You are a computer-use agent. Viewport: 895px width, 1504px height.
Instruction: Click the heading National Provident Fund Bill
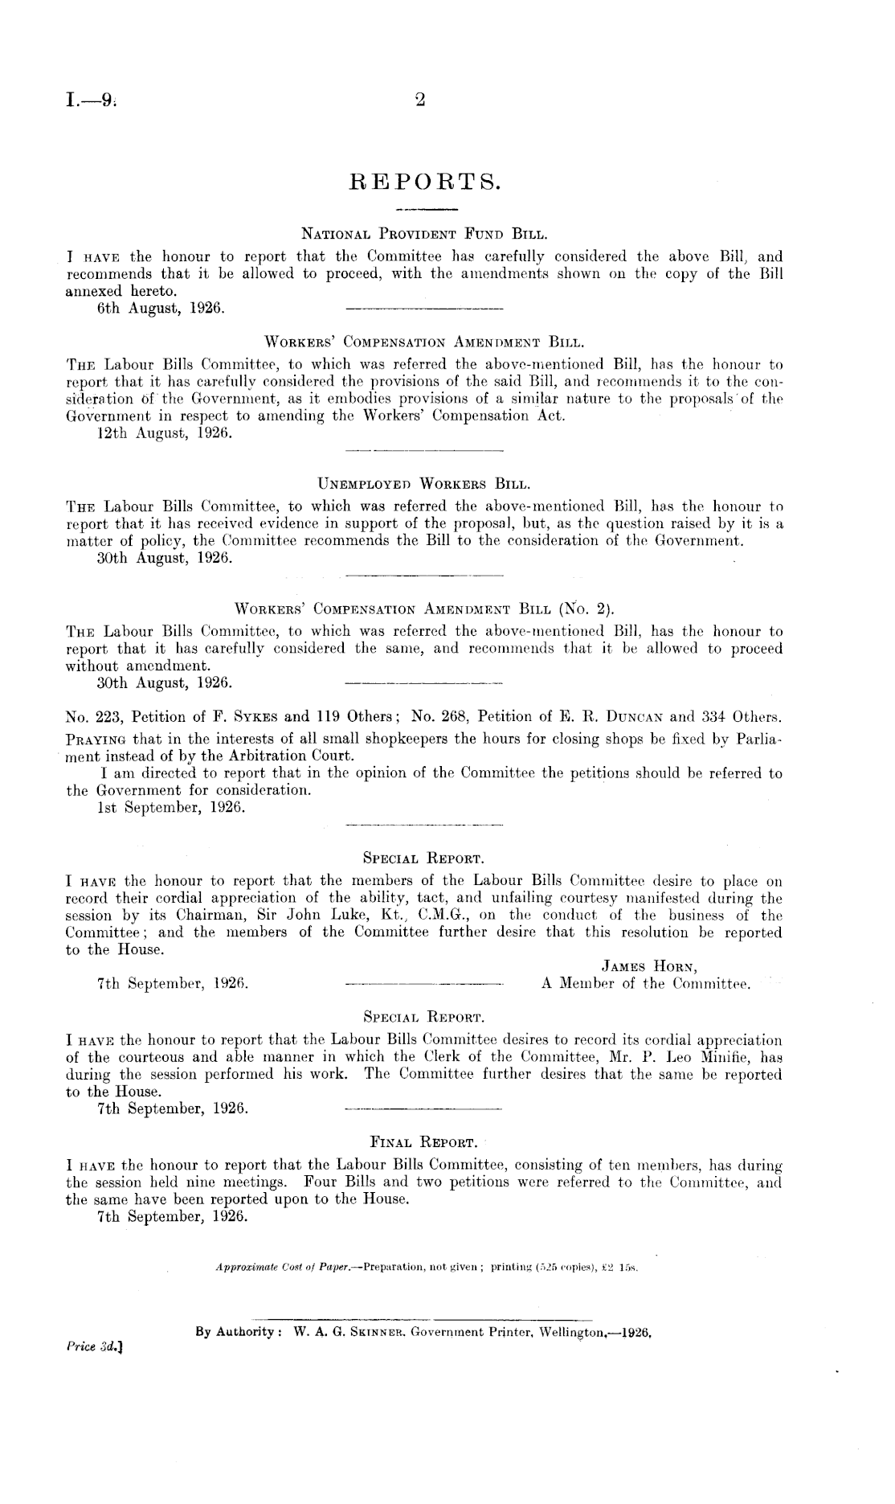pyautogui.click(x=424, y=236)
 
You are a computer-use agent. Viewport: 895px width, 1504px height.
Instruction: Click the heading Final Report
pyautogui.click(x=424, y=1141)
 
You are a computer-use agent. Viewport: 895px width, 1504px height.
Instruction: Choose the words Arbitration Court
pyautogui.click(x=284, y=756)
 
